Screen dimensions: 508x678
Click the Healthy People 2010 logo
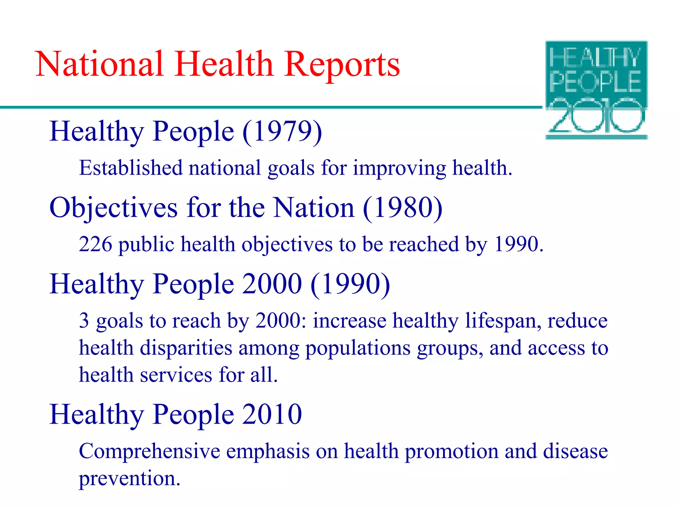(x=596, y=90)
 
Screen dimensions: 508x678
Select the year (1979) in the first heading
(x=282, y=132)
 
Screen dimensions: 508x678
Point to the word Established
(x=131, y=168)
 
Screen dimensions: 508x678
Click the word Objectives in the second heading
(x=114, y=208)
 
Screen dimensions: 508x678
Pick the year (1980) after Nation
(x=402, y=208)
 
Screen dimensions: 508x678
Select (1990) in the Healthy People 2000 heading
(x=350, y=284)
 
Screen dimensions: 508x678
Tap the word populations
(x=358, y=349)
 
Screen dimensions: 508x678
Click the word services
(x=176, y=375)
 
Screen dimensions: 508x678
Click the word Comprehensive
(x=149, y=451)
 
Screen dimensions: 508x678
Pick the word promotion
(x=452, y=451)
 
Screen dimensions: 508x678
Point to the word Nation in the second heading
(x=314, y=208)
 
